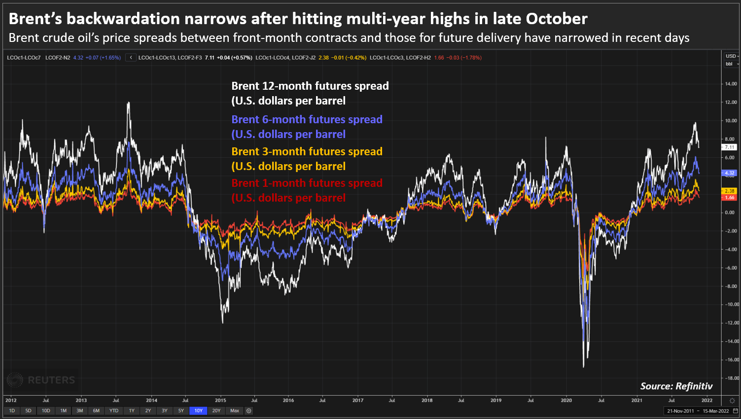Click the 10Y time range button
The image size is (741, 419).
[198, 411]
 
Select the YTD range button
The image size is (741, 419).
[114, 411]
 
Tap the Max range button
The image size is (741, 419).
[235, 411]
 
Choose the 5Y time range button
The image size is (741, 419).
[181, 411]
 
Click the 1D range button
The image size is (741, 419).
[12, 411]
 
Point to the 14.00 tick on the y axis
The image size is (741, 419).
[731, 84]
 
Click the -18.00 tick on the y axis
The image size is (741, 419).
[730, 378]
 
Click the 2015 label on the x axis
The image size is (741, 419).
[220, 400]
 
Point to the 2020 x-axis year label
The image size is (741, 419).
[566, 400]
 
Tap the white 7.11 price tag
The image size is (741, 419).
[729, 147]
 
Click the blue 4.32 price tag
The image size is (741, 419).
[729, 173]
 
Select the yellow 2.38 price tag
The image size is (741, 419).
[729, 191]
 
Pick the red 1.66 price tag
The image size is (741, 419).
[729, 198]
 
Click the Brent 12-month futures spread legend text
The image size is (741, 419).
[310, 86]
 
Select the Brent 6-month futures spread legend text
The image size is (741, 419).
[307, 120]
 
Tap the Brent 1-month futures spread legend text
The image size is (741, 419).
[307, 183]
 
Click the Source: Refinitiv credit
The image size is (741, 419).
[676, 386]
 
